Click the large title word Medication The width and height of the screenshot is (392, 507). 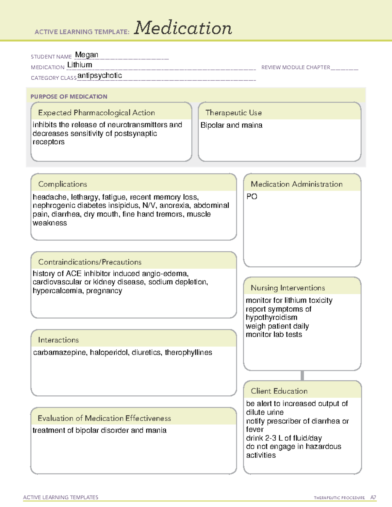(183, 28)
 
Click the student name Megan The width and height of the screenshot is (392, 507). (87, 55)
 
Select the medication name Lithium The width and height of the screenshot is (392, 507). (79, 65)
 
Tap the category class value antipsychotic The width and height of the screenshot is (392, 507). (100, 76)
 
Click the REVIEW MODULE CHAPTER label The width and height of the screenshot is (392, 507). (295, 67)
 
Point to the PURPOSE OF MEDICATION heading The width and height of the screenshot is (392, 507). (69, 97)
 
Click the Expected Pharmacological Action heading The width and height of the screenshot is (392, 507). (96, 113)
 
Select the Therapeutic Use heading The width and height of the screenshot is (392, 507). (233, 113)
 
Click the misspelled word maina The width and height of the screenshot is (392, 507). (253, 125)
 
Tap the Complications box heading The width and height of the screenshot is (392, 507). (62, 184)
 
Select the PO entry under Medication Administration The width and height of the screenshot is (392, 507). (252, 197)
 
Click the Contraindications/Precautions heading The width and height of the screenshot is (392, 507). (90, 262)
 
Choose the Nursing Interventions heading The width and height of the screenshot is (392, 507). (287, 288)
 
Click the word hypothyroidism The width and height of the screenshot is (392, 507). (271, 318)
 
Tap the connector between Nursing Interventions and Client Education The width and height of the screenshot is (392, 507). (302, 375)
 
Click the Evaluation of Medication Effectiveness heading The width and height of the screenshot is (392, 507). (104, 418)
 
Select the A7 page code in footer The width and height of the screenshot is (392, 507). (373, 498)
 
